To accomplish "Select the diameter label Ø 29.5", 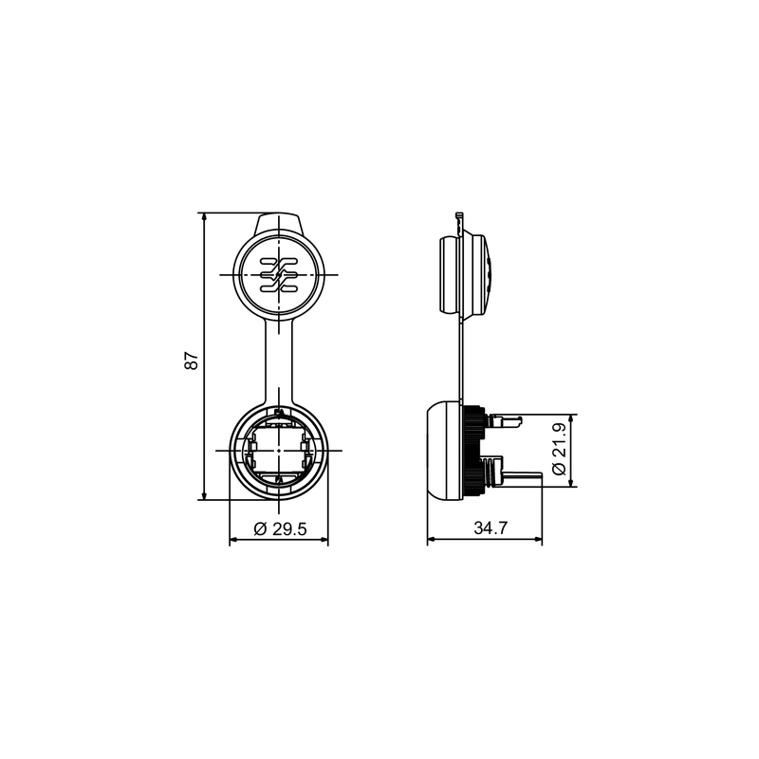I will pyautogui.click(x=280, y=530).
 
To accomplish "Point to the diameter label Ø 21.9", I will pyautogui.click(x=559, y=452).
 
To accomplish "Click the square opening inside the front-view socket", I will pyautogui.click(x=280, y=450).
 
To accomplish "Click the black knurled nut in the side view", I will pyautogui.click(x=473, y=450).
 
